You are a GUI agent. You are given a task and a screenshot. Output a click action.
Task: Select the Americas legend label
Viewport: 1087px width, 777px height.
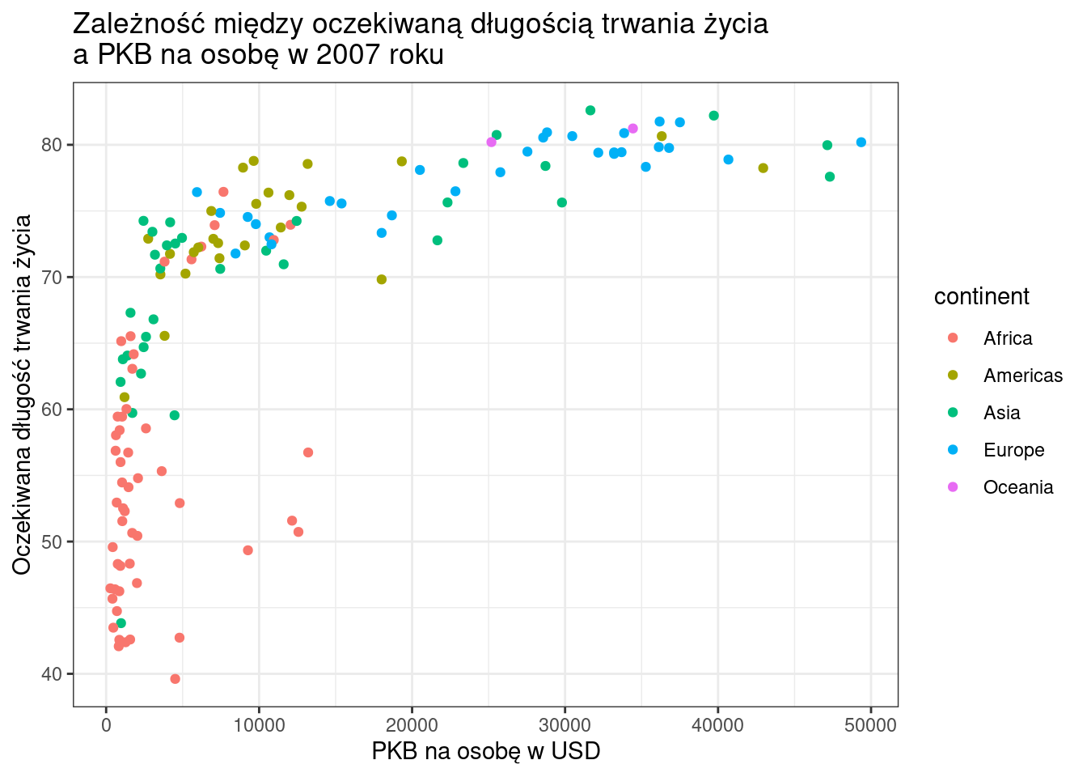1022,376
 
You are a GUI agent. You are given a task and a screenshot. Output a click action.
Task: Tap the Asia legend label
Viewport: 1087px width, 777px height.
1001,413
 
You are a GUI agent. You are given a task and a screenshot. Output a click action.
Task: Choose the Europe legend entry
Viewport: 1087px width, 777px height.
1013,450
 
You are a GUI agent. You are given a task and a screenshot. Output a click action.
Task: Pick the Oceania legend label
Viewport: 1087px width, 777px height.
1017,487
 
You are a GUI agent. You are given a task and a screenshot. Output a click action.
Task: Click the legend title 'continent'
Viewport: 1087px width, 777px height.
981,297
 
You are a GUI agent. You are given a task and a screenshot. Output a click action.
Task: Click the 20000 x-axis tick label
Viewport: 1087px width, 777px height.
412,725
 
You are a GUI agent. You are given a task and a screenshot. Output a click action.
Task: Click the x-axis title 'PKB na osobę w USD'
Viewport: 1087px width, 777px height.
485,751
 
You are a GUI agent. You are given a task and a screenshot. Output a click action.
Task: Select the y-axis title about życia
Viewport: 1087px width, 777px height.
22,394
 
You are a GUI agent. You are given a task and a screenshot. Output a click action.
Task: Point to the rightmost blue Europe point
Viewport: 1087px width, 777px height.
861,142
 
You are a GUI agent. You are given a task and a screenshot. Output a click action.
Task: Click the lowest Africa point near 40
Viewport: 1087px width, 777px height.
175,679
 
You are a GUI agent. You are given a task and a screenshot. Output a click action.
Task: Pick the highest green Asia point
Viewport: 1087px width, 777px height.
590,110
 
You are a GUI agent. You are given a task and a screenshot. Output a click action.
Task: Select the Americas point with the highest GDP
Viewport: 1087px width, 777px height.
763,168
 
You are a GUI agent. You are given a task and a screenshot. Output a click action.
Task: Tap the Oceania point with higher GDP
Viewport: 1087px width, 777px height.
632,129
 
